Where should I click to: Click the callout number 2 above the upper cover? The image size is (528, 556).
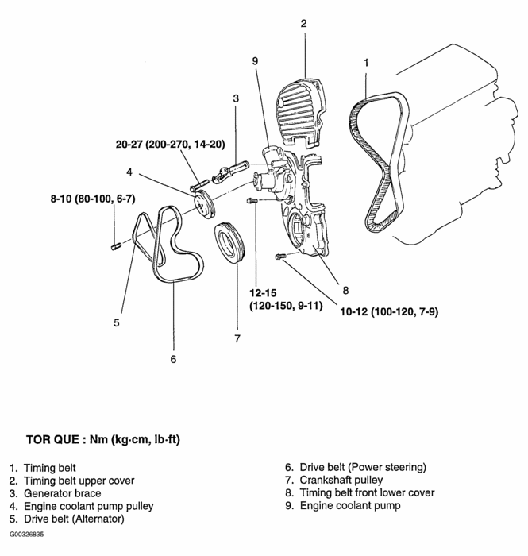coord(303,23)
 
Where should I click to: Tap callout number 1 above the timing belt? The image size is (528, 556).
coord(366,61)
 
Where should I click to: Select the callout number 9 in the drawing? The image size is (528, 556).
coord(255,60)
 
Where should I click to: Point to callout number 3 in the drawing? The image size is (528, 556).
coord(236,98)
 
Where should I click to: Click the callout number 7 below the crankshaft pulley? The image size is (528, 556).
coord(236,339)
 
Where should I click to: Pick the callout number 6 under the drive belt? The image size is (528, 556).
coord(173,359)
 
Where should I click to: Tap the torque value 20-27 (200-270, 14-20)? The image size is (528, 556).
coord(171,145)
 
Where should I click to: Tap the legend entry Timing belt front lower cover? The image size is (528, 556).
coord(367,492)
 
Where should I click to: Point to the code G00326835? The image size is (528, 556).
coord(27,535)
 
